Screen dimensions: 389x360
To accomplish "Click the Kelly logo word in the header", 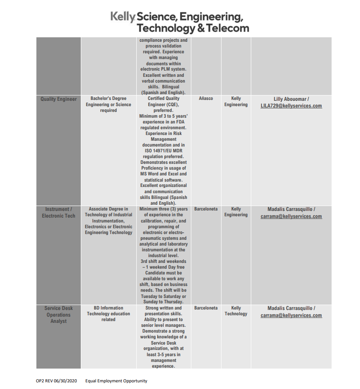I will pyautogui.click(x=123, y=17).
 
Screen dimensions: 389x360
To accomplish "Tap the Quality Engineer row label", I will pyautogui.click(x=59, y=99).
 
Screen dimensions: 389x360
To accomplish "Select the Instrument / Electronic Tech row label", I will pyautogui.click(x=59, y=212).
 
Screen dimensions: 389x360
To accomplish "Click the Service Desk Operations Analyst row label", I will pyautogui.click(x=59, y=314).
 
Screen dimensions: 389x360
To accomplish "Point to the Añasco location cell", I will pyautogui.click(x=206, y=99).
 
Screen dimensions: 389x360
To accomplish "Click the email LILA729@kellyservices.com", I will pyautogui.click(x=291, y=106).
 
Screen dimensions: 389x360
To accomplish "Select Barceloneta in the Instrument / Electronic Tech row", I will pyautogui.click(x=206, y=209).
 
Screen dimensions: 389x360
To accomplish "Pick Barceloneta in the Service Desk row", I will pyautogui.click(x=206, y=308).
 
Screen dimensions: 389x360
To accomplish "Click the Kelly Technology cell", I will pyautogui.click(x=236, y=311).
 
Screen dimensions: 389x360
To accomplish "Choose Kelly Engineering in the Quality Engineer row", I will pyautogui.click(x=236, y=102).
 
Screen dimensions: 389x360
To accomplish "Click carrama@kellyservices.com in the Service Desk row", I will pyautogui.click(x=291, y=315).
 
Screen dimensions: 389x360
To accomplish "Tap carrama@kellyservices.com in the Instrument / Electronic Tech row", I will pyautogui.click(x=291, y=216).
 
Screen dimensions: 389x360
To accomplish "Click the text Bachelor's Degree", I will pyautogui.click(x=108, y=99).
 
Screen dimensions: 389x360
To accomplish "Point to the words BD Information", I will pyautogui.click(x=108, y=308).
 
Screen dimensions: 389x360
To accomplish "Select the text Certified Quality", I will pyautogui.click(x=163, y=99).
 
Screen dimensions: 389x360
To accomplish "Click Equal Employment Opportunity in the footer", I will pyautogui.click(x=116, y=381).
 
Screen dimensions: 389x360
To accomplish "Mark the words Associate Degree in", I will pyautogui.click(x=108, y=209).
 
